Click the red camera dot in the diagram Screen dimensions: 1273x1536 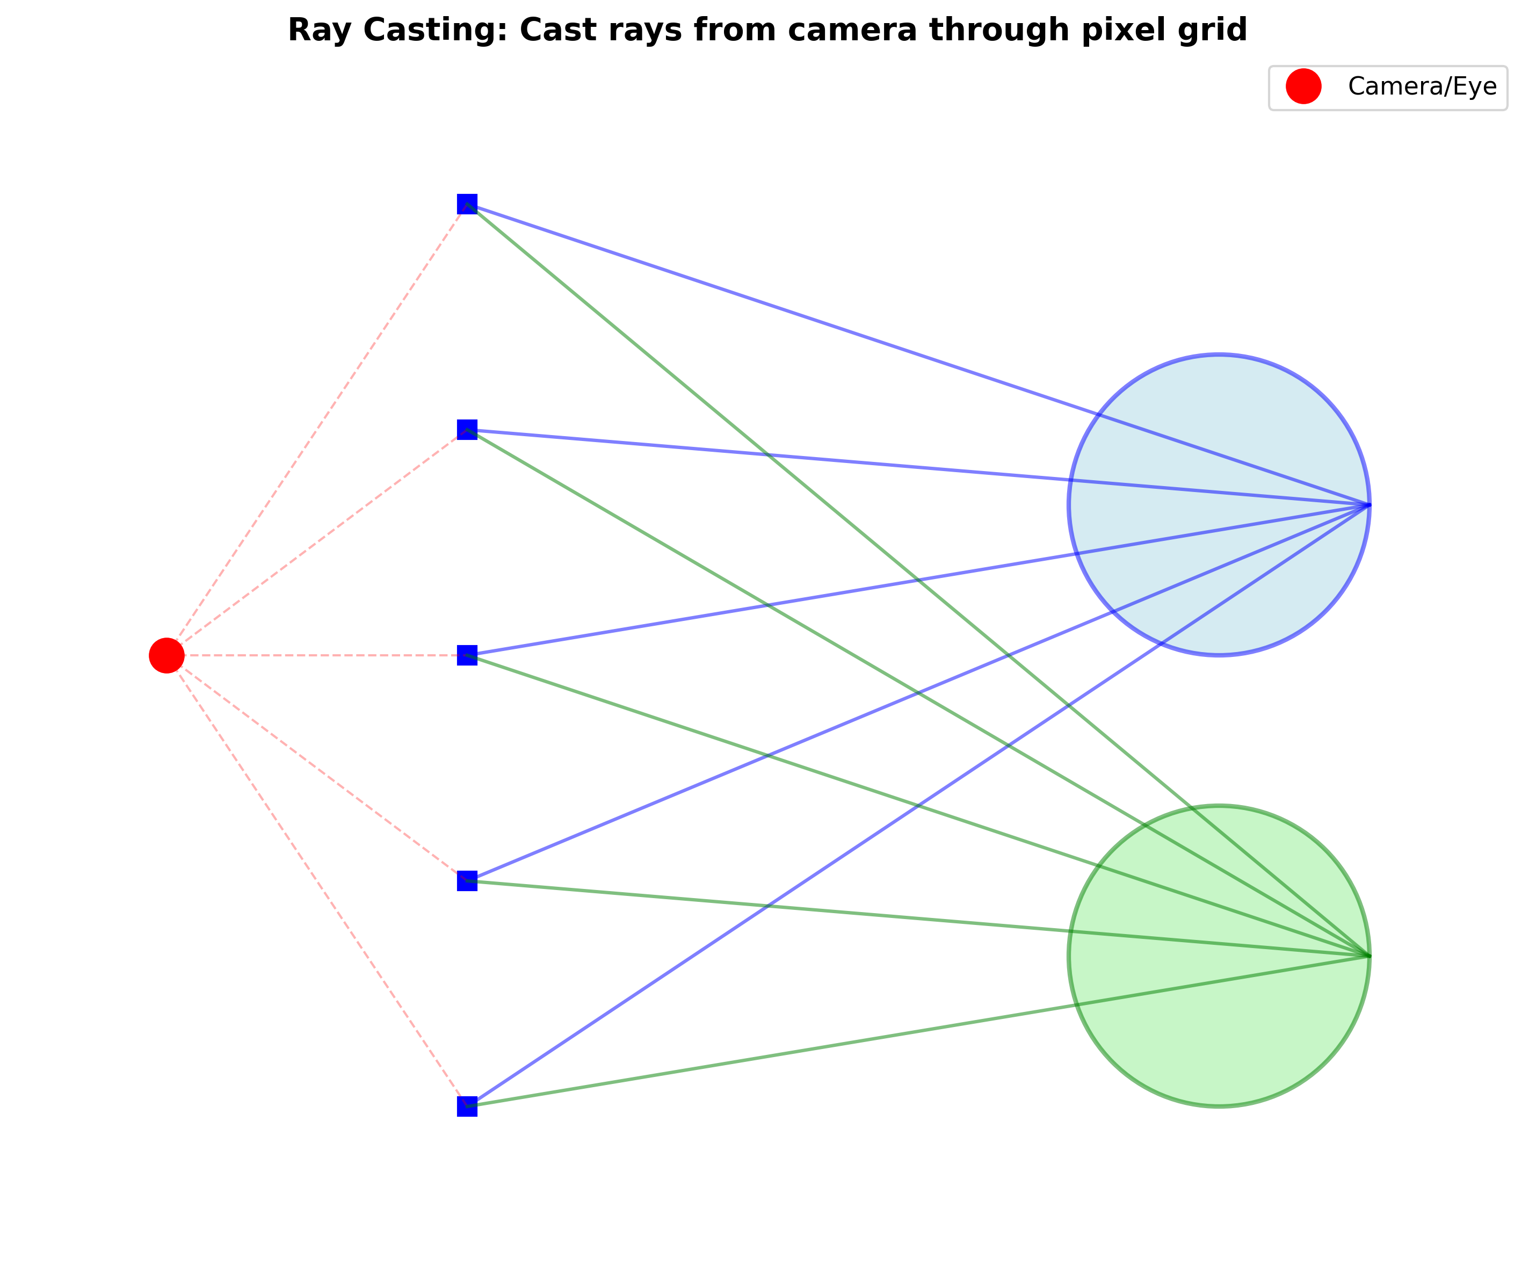click(167, 655)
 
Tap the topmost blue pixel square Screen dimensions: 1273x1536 click(467, 204)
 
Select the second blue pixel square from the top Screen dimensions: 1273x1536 click(467, 430)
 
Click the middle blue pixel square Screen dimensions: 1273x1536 click(467, 655)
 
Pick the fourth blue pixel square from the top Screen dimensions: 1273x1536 click(467, 880)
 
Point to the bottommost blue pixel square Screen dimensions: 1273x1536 click(467, 1105)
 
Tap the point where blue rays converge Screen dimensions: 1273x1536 click(1368, 505)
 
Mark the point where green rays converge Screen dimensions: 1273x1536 click(1368, 956)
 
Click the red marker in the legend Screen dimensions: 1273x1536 click(1303, 86)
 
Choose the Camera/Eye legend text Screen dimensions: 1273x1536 click(1422, 86)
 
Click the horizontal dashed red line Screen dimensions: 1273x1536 click(315, 655)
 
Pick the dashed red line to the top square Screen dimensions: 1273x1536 click(317, 430)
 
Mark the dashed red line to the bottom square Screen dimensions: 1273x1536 click(317, 880)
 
